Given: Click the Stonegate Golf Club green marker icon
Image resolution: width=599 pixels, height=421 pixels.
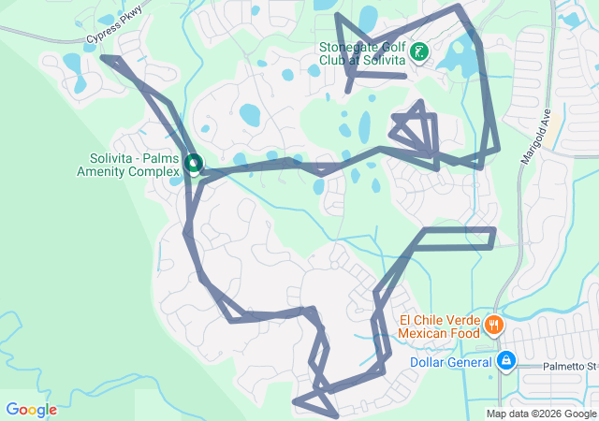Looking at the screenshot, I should tap(418, 51).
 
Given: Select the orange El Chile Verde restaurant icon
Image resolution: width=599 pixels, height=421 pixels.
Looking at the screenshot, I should tap(493, 326).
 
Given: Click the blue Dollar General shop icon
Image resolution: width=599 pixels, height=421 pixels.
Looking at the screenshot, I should tap(506, 360).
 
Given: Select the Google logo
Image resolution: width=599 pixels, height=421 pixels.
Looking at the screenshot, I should tap(31, 410).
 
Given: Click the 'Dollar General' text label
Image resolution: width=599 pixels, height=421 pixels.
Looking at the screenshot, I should tap(450, 363).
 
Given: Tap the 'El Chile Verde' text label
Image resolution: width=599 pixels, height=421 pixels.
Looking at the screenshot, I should tap(439, 318).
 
